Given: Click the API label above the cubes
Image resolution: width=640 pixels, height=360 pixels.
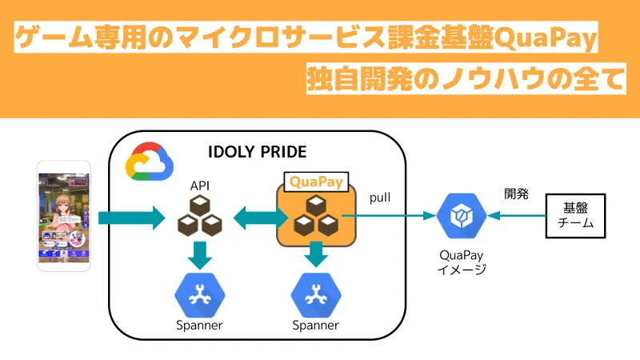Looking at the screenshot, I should (199, 186).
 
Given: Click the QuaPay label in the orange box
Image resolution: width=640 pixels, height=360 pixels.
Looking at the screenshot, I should (315, 182).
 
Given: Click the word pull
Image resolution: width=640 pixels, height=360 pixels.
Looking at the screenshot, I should (380, 197).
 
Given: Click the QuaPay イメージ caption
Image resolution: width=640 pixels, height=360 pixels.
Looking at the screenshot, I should (460, 262).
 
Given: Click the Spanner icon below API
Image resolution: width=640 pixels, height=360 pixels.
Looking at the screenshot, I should (198, 294).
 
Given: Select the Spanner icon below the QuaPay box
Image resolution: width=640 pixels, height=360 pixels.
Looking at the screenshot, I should (315, 294).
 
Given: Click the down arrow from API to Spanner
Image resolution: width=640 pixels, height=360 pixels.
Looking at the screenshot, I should (199, 255).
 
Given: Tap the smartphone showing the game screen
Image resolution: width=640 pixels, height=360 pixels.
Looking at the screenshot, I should (64, 217).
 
